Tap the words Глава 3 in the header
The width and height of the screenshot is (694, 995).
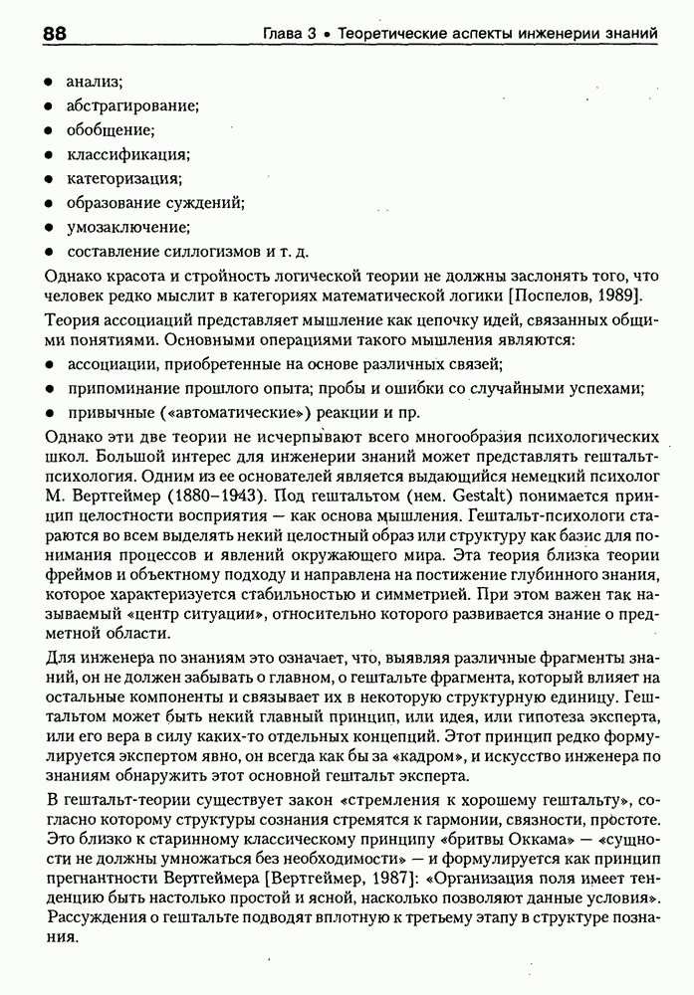pos(289,34)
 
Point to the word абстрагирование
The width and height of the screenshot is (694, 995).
pos(132,104)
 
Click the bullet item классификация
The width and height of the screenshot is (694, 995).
pos(127,154)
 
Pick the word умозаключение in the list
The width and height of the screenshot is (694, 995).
pos(127,227)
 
